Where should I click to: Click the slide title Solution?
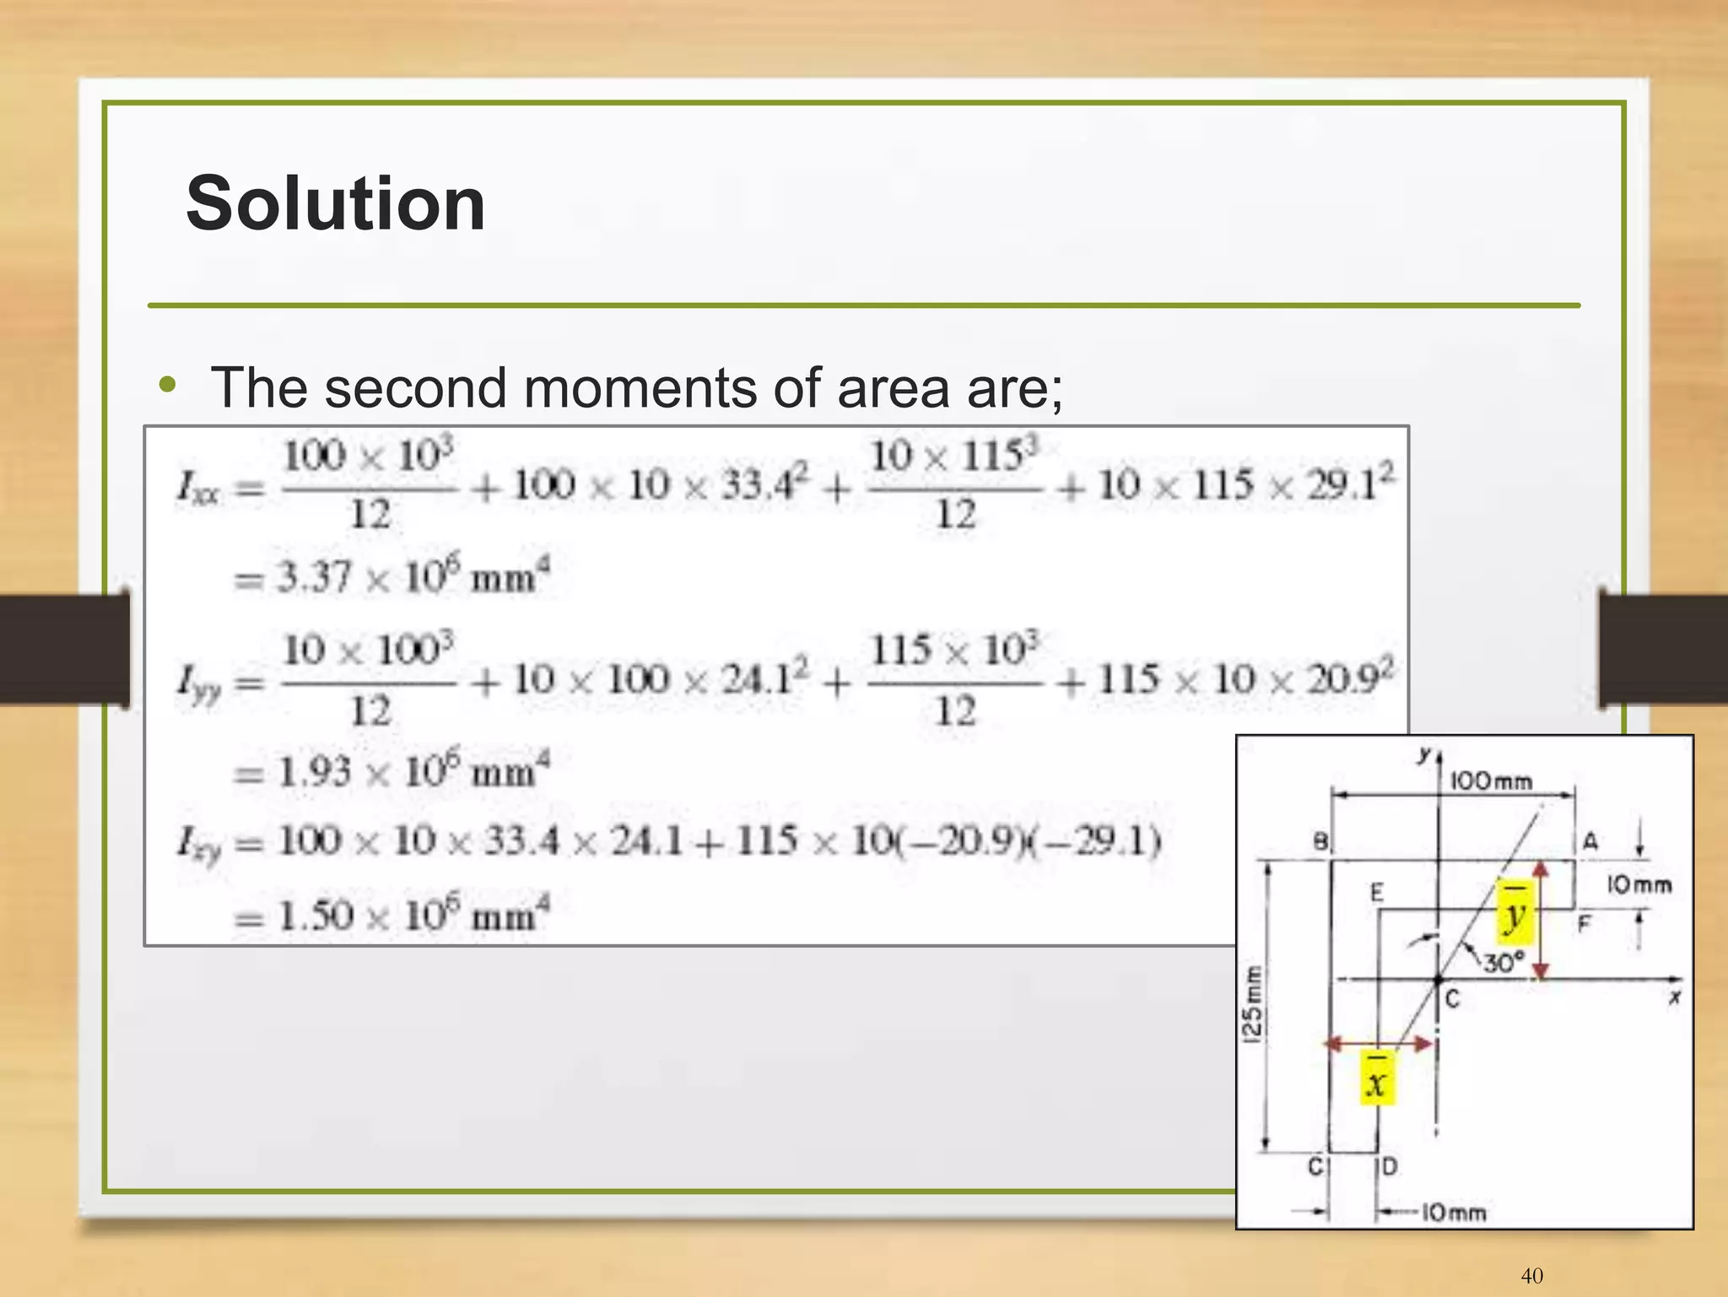point(335,203)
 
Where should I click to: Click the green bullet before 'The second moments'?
point(168,386)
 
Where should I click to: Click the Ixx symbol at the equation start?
point(199,488)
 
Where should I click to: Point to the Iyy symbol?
point(199,682)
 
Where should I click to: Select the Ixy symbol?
point(199,842)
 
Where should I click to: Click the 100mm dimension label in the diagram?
point(1491,781)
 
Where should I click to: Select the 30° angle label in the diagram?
point(1504,962)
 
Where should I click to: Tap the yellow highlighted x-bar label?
point(1376,1078)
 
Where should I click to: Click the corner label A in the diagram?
point(1590,841)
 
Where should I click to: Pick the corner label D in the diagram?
point(1390,1166)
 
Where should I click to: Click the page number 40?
point(1531,1275)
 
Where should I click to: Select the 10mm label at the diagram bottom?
point(1454,1213)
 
